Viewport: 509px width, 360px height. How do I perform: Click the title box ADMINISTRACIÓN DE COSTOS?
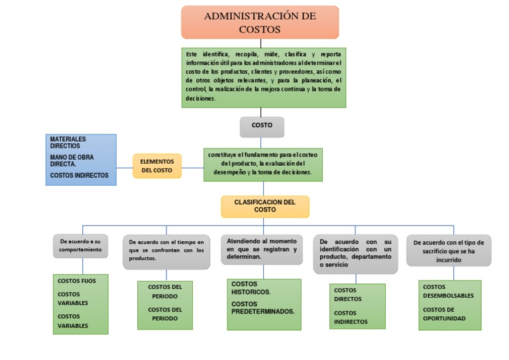[x=260, y=23]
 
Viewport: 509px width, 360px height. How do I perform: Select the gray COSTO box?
[x=262, y=126]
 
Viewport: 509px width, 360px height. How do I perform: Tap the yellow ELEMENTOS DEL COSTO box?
[x=157, y=166]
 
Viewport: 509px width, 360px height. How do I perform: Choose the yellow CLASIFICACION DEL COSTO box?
[x=265, y=206]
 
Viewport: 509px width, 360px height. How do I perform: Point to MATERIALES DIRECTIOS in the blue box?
[x=68, y=142]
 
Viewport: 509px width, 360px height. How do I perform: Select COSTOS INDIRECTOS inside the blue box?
[x=80, y=176]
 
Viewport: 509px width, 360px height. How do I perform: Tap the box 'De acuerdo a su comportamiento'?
[x=80, y=246]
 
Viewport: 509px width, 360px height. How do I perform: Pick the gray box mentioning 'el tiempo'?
[x=166, y=251]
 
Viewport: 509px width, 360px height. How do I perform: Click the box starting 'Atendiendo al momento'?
[x=261, y=249]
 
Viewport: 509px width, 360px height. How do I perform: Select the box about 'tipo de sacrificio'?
[x=449, y=251]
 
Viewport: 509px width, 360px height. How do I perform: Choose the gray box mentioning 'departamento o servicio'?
[x=355, y=253]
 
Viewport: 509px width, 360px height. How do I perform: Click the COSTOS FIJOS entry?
[x=77, y=281]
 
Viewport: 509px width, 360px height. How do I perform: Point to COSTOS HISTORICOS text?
[x=251, y=288]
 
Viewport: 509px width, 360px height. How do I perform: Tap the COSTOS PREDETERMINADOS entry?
[x=262, y=308]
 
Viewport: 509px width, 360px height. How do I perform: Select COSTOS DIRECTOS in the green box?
[x=348, y=294]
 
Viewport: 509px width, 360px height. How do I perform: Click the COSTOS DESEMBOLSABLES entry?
[x=448, y=291]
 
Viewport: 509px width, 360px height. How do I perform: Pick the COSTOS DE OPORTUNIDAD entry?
[x=444, y=314]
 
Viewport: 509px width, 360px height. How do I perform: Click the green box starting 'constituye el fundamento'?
[x=263, y=164]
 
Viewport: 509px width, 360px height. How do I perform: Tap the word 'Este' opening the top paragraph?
[x=192, y=54]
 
